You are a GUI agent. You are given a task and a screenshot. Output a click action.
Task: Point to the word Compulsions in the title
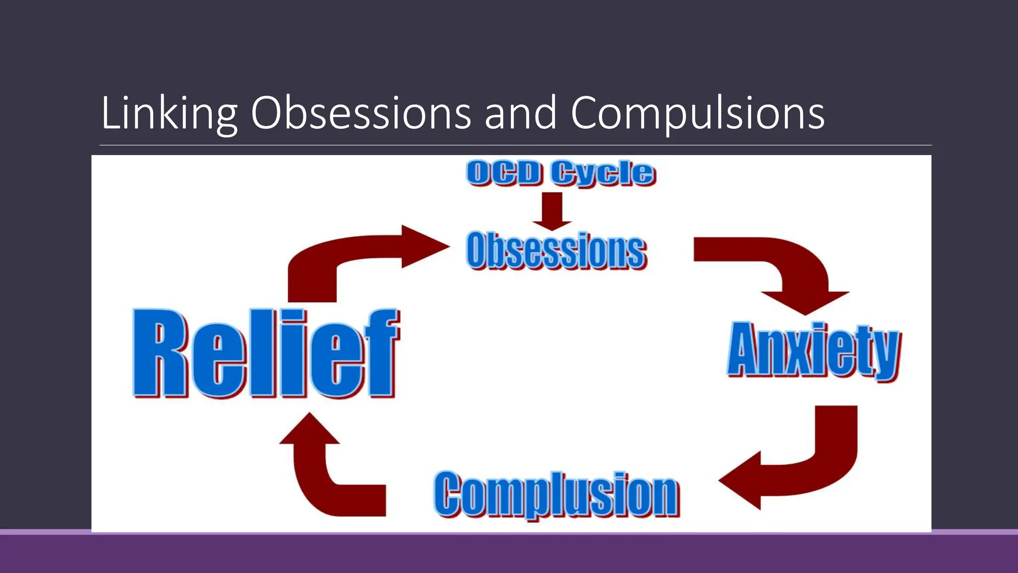(697, 113)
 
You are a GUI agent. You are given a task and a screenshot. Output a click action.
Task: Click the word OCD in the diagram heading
(504, 173)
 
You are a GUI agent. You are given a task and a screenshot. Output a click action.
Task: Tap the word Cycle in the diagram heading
(603, 173)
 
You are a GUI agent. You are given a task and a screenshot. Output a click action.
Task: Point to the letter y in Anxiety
(886, 354)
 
